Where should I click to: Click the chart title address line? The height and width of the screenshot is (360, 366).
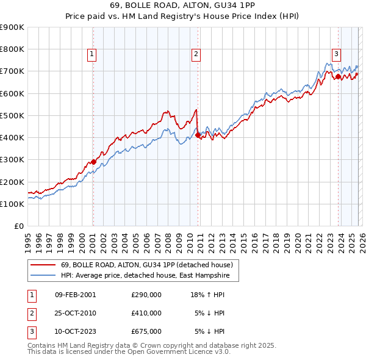coord(182,5)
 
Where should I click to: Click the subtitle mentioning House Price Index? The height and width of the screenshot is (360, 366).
coord(182,16)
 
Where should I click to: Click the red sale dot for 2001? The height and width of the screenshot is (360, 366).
coord(93,162)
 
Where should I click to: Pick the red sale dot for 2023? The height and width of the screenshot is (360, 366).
coord(338,77)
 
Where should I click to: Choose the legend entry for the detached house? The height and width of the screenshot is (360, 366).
coord(146,265)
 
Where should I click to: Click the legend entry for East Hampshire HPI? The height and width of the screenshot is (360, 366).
coord(149,276)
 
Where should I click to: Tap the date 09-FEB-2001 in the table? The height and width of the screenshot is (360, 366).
coord(75,295)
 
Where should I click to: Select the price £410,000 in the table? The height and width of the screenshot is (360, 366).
coord(146,313)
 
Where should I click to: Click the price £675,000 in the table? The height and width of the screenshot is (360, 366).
coord(146,331)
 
